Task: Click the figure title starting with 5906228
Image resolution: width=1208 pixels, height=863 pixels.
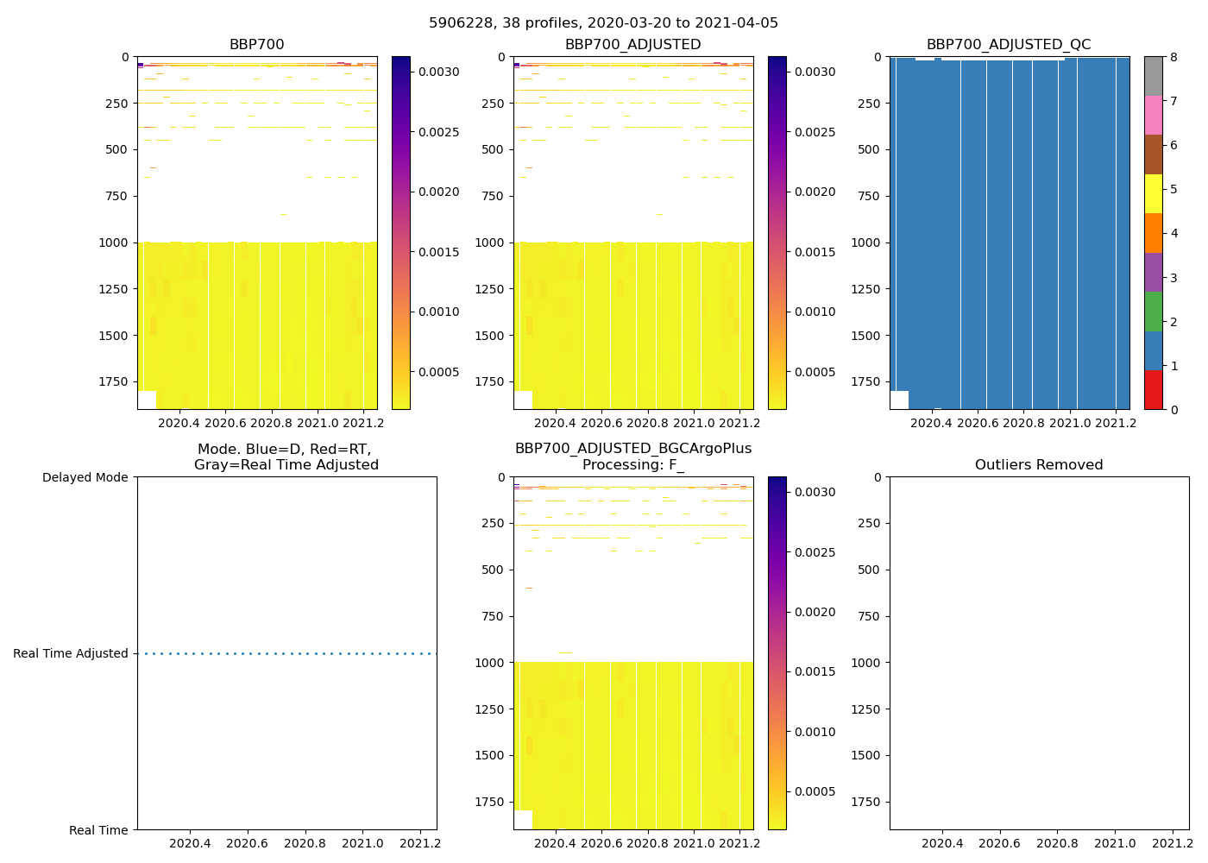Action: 603,23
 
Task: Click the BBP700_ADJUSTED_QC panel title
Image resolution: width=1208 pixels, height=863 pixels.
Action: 1009,45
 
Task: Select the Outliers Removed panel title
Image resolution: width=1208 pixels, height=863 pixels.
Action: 1039,465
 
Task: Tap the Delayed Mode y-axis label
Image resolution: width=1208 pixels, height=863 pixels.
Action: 85,477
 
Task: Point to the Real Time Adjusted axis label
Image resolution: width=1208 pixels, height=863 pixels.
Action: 70,653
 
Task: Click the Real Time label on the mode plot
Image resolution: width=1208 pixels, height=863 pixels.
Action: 98,830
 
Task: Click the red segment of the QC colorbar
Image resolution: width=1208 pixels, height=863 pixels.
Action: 1153,389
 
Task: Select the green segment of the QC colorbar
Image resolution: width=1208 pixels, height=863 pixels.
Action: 1153,312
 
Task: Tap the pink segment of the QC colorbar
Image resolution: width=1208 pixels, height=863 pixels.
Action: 1153,115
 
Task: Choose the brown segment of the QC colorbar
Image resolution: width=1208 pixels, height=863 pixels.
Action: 1153,154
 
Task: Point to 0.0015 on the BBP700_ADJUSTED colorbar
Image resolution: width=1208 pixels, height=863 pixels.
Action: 815,252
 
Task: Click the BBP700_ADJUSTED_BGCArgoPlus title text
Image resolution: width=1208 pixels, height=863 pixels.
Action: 632,449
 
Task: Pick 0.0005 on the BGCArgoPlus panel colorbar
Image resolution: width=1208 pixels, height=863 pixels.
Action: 815,791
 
